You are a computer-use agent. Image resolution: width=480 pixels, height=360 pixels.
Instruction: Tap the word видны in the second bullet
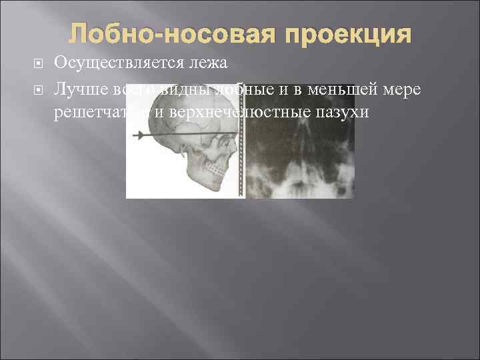click(184, 87)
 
